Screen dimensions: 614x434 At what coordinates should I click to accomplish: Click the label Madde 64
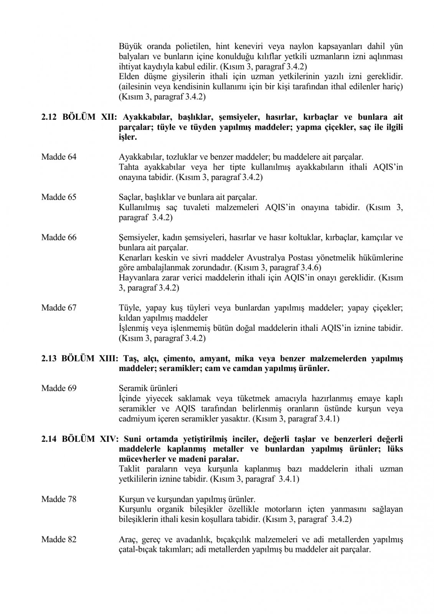[x=59, y=157]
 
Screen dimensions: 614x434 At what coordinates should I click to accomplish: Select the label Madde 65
[x=59, y=197]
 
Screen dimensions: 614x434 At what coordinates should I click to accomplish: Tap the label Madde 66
[x=59, y=238]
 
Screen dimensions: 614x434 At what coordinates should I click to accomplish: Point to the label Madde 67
[x=59, y=308]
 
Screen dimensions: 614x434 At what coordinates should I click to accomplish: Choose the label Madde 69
[x=59, y=388]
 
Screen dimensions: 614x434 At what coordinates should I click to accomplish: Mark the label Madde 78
[x=59, y=499]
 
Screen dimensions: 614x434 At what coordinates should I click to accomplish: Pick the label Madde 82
[x=59, y=540]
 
